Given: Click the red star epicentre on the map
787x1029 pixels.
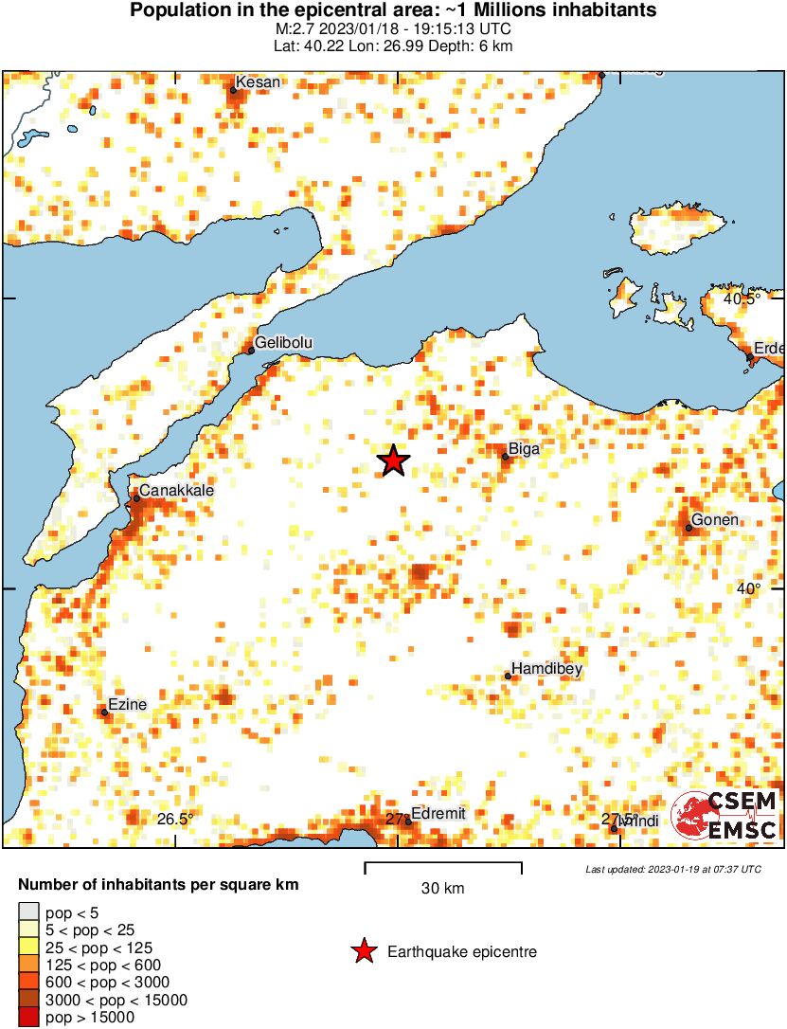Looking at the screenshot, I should tap(394, 460).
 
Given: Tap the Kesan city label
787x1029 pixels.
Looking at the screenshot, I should tap(258, 82).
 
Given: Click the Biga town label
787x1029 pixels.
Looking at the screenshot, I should tap(524, 449).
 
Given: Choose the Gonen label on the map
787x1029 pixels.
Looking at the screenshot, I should tap(714, 520).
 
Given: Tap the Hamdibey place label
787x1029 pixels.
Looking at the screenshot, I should tap(546, 669).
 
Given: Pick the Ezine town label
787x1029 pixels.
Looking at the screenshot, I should tap(127, 705).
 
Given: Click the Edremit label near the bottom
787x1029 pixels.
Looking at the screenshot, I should tap(440, 814).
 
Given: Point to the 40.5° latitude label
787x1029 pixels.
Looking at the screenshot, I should tap(742, 298).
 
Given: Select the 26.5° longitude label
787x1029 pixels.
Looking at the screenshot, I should tap(175, 819).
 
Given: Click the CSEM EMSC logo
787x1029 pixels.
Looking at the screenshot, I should tap(724, 816).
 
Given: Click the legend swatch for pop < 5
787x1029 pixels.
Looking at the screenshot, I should tap(28, 913).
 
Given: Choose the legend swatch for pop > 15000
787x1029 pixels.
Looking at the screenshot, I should tap(28, 1017).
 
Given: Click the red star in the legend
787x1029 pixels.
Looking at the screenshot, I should tap(364, 951).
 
